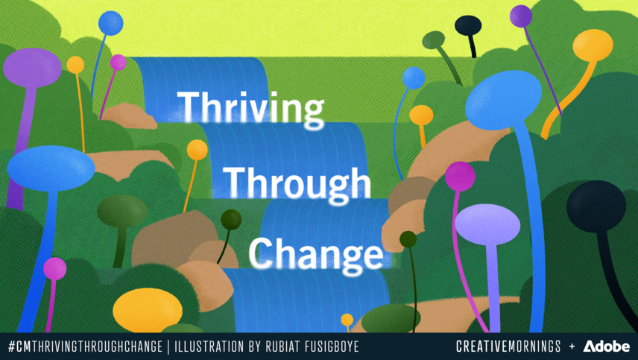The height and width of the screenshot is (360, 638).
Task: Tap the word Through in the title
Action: click(x=297, y=180)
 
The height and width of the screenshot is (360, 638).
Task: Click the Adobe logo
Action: click(x=607, y=347)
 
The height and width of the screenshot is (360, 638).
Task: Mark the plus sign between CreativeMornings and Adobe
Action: click(x=572, y=347)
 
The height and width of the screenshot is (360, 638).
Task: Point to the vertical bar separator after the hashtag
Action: click(x=169, y=347)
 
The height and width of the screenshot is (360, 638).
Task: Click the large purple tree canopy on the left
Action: click(x=32, y=67)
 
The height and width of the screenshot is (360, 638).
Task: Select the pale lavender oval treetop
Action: click(x=487, y=224)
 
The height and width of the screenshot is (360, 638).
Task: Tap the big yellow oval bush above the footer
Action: click(x=148, y=310)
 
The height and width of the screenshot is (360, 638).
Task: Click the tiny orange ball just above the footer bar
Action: click(x=347, y=320)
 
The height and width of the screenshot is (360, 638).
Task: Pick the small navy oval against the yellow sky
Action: click(x=468, y=26)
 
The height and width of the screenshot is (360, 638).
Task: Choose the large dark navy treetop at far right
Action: click(x=596, y=206)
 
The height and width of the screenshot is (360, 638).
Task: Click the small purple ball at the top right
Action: click(x=521, y=16)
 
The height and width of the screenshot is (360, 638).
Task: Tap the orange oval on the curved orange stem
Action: click(x=593, y=45)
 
